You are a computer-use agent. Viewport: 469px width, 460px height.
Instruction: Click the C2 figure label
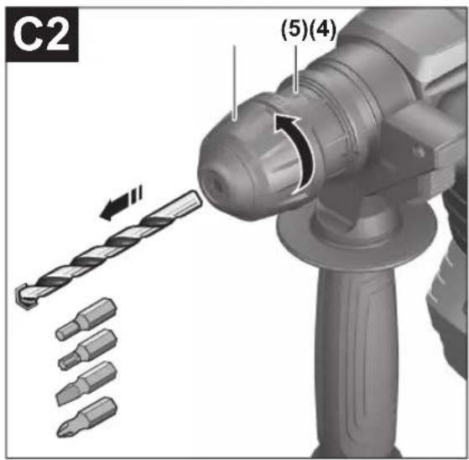(x=42, y=35)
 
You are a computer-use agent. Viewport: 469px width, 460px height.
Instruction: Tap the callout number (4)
(x=322, y=29)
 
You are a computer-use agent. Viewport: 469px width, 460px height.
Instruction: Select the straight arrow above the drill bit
(x=121, y=203)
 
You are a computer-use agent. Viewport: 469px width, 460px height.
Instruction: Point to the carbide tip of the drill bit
(x=23, y=295)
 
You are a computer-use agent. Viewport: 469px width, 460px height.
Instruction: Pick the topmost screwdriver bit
(x=86, y=319)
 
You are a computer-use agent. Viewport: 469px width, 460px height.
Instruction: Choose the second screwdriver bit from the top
(x=87, y=350)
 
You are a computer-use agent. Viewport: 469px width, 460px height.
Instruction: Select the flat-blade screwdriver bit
(x=86, y=383)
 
